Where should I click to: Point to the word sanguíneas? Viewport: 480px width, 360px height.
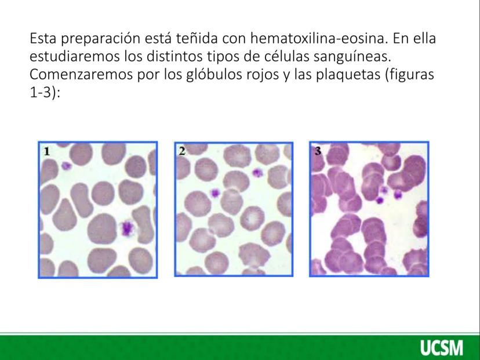click(352, 57)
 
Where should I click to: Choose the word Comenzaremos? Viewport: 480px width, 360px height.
click(81, 74)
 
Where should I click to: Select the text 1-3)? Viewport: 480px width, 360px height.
click(45, 92)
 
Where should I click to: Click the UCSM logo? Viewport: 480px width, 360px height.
click(441, 348)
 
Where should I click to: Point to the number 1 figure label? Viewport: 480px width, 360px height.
click(47, 151)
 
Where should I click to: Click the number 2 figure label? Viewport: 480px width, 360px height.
click(182, 151)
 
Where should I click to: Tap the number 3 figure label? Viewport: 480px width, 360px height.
click(318, 151)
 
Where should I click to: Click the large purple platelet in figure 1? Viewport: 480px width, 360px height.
click(127, 228)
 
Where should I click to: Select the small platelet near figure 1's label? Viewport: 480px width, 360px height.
click(66, 166)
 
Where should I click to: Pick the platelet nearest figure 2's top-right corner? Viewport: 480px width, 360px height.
click(257, 173)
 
